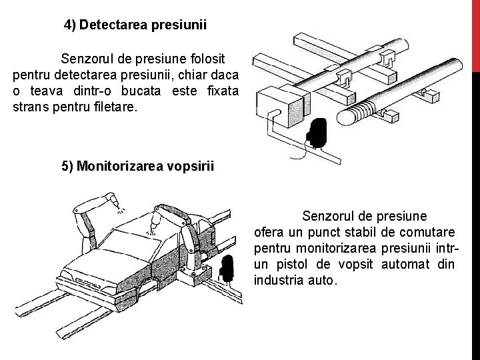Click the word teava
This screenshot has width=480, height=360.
click(x=43, y=90)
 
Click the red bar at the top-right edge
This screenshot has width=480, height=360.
click(x=475, y=33)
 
